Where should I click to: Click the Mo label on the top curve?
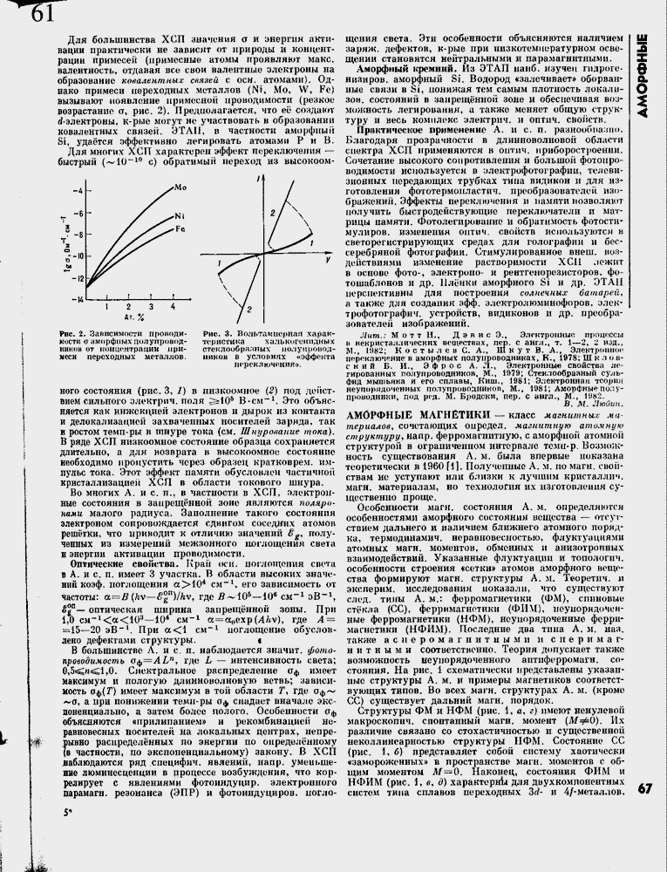click(x=180, y=187)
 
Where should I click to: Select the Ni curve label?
click(x=179, y=215)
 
